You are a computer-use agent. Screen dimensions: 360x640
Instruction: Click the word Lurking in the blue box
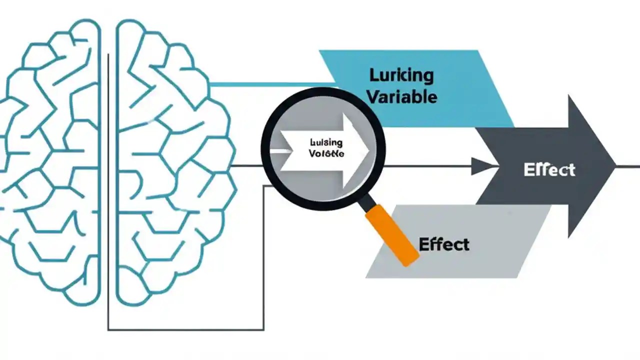401,75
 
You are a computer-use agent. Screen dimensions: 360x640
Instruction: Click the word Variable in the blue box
403,96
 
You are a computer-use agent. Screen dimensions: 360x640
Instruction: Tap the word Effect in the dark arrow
549,170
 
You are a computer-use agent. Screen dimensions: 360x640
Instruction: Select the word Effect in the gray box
444,244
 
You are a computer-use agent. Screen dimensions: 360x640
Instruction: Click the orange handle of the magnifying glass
392,235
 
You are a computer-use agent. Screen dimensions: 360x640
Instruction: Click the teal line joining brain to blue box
270,84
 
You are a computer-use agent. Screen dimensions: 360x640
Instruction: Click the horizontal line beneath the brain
185,329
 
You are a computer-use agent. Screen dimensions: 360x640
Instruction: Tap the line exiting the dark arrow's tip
629,166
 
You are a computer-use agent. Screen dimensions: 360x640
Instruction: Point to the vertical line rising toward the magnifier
263,260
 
